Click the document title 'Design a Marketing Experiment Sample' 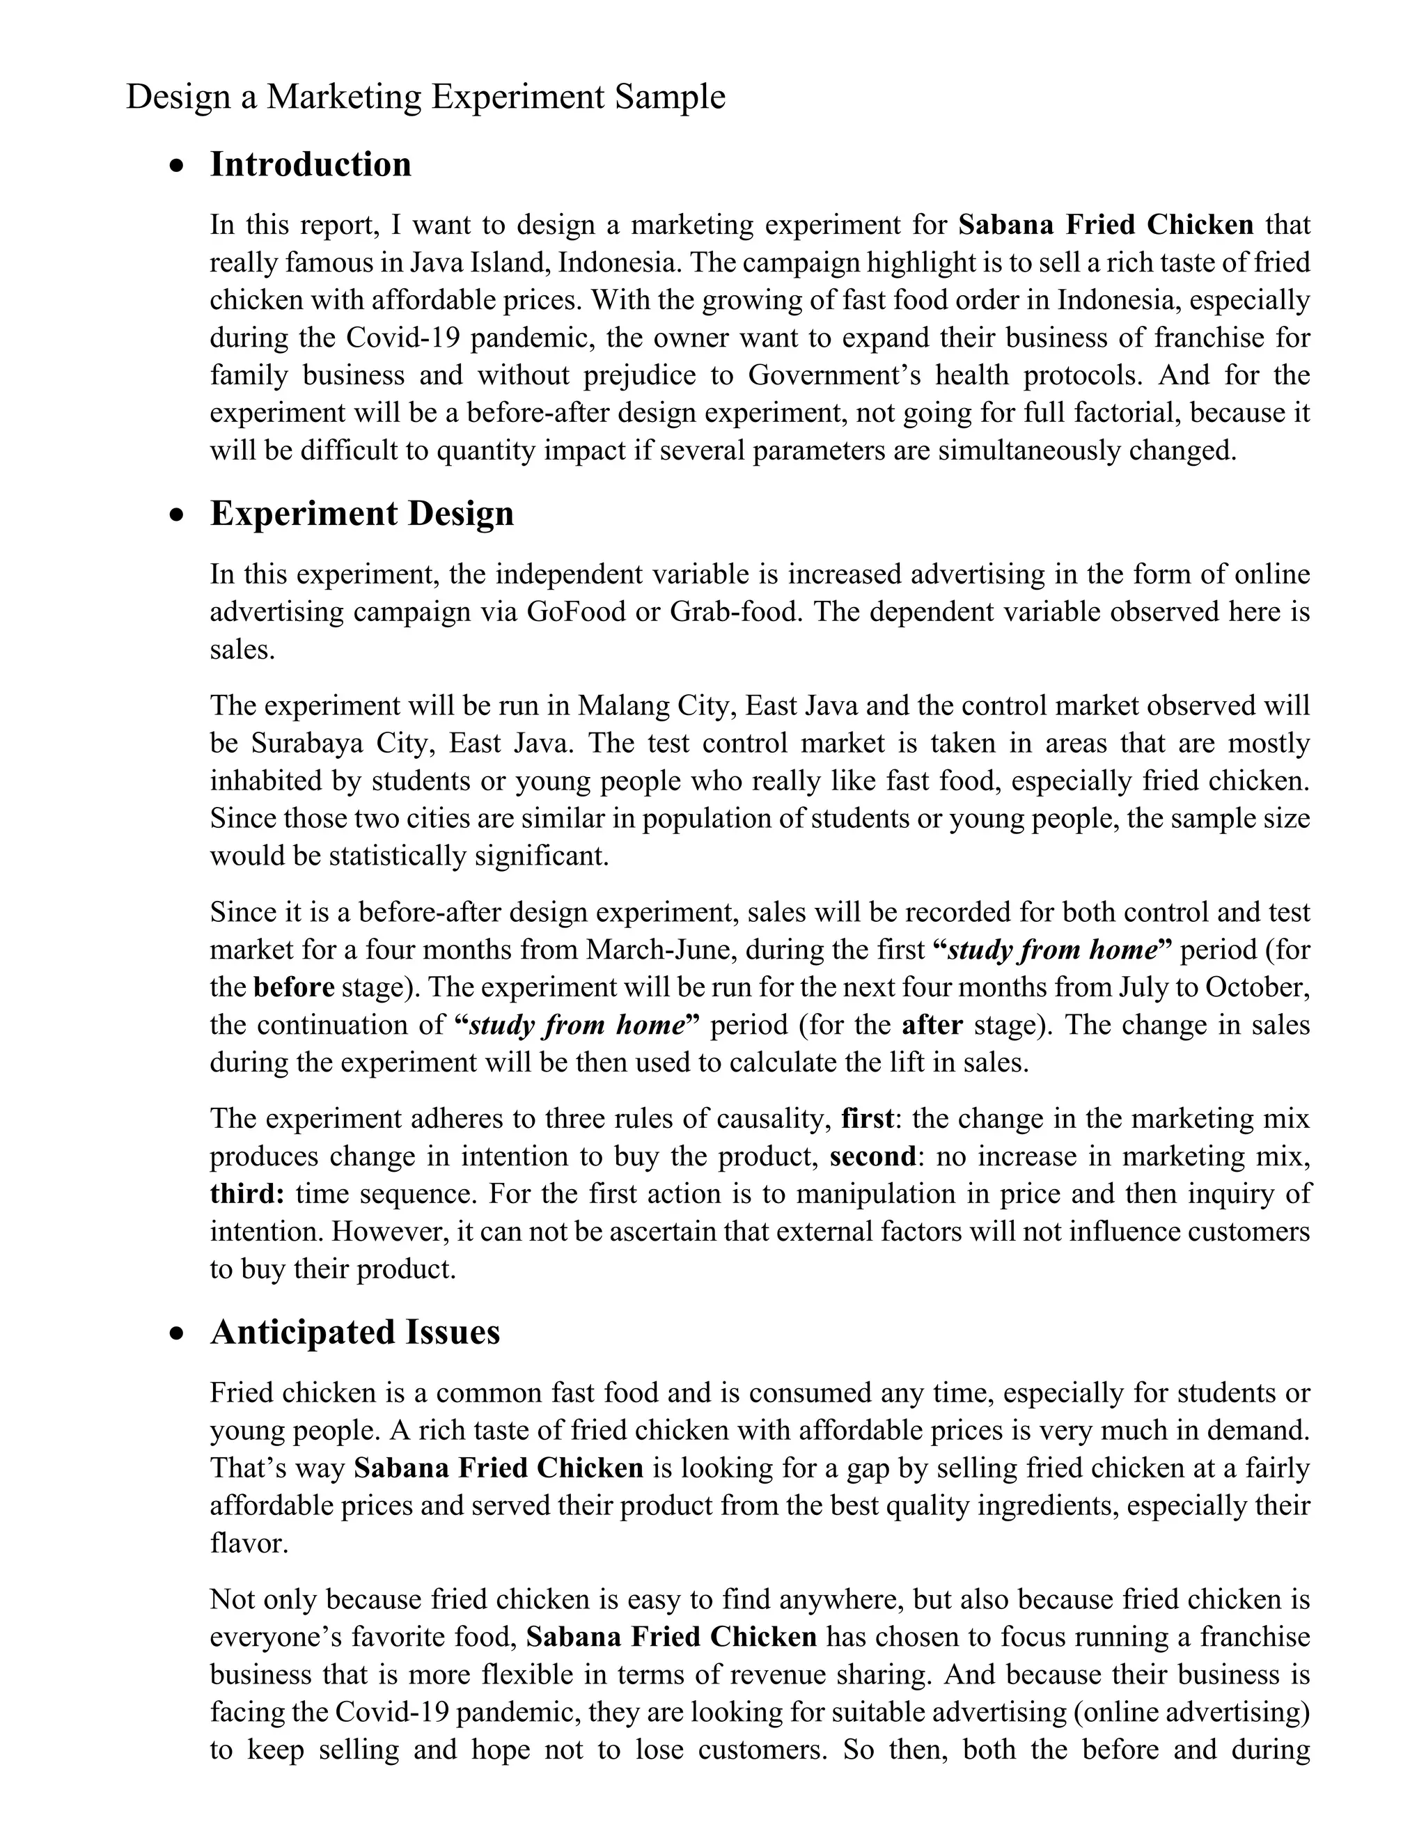(425, 97)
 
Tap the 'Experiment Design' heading (361, 514)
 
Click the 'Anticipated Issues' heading (355, 1332)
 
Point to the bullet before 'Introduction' (175, 167)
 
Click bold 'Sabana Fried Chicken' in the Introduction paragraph (1106, 225)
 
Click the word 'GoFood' (576, 611)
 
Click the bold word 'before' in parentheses (294, 987)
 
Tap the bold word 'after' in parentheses (932, 1026)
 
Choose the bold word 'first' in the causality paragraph (868, 1120)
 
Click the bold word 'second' (872, 1156)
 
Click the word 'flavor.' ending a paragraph (249, 1544)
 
